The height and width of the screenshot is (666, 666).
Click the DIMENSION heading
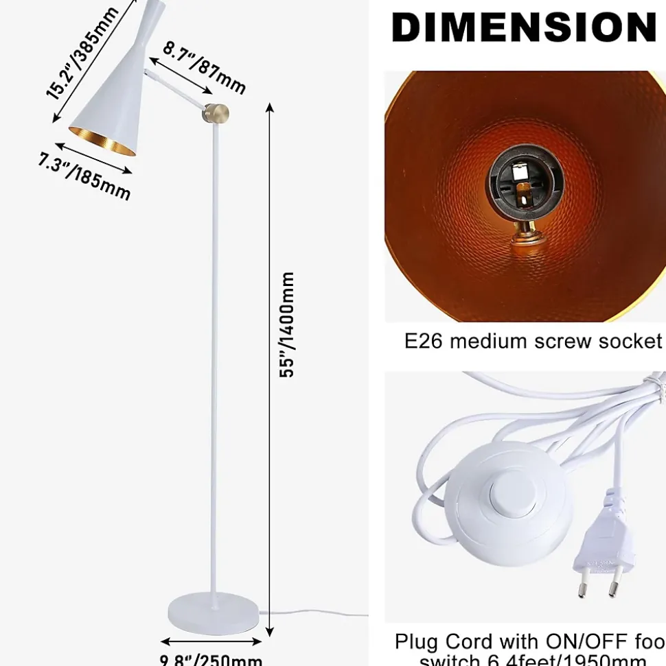click(524, 27)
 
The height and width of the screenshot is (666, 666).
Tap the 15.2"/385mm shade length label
click(82, 54)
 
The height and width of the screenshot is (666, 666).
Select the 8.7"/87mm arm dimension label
click(203, 67)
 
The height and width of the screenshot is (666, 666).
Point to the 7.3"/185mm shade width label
click(84, 176)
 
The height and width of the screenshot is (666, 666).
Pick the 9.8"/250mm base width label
click(211, 660)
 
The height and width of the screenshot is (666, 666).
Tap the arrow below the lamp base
click(211, 642)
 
